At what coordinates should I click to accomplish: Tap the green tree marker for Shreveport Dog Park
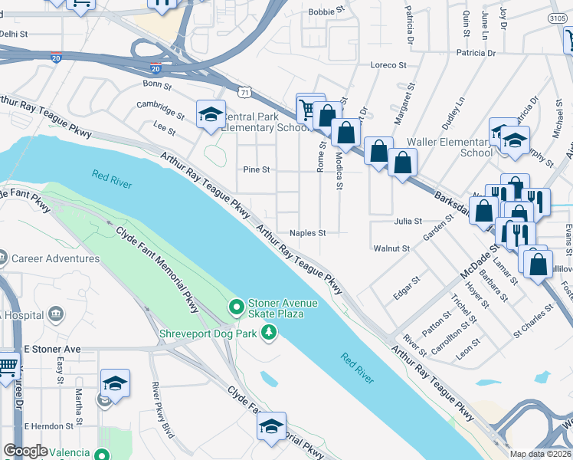268,332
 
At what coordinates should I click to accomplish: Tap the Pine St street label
256,169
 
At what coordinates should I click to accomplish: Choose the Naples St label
308,233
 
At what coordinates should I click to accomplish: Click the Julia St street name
408,222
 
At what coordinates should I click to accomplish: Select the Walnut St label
391,248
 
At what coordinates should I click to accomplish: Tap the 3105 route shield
558,18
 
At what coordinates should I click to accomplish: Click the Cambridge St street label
161,110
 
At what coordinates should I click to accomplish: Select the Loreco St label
387,66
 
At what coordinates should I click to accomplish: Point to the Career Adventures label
56,258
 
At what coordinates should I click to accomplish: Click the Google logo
25,451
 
